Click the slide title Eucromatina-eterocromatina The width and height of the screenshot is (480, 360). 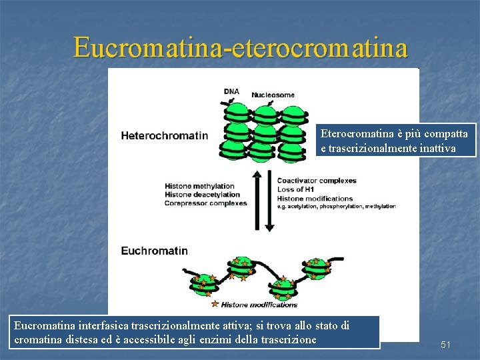[240, 47]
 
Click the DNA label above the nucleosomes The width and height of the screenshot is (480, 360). [231, 91]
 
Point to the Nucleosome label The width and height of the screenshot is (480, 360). [273, 95]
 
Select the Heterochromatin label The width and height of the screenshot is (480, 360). [164, 136]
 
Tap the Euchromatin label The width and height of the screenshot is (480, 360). [154, 251]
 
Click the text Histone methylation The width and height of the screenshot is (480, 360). [199, 186]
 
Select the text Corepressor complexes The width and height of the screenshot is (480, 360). [205, 203]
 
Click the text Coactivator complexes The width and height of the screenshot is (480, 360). [317, 181]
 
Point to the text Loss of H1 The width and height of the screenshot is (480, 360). [296, 189]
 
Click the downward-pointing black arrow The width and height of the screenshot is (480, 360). [269, 200]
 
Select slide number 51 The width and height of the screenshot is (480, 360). [446, 345]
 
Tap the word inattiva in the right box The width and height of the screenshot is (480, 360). [437, 148]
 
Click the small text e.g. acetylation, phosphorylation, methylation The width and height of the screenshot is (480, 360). [336, 207]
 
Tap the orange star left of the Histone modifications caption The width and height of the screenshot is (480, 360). [215, 304]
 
